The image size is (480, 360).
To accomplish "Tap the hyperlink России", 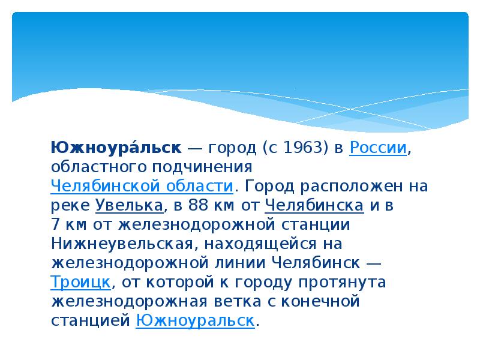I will pyautogui.click(x=379, y=148).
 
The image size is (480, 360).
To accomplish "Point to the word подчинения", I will pyautogui.click(x=208, y=166).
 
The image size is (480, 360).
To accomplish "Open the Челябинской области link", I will pyautogui.click(x=142, y=185).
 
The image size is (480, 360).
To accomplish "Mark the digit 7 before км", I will pyautogui.click(x=56, y=224).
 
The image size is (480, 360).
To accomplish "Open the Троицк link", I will pyautogui.click(x=80, y=282).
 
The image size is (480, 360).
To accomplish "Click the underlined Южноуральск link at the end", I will pyautogui.click(x=196, y=320).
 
